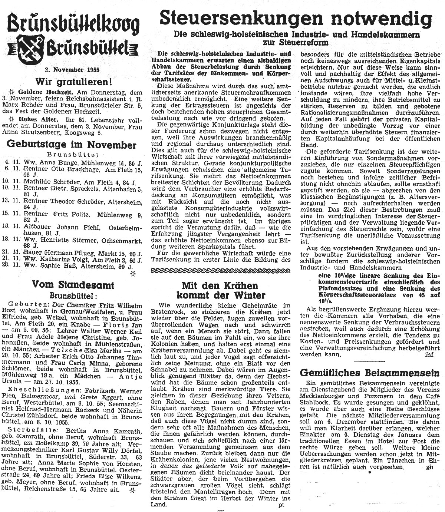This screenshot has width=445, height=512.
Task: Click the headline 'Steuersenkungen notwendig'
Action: pyautogui.click(x=296, y=17)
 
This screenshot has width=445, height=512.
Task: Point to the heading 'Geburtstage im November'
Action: pyautogui.click(x=72, y=145)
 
